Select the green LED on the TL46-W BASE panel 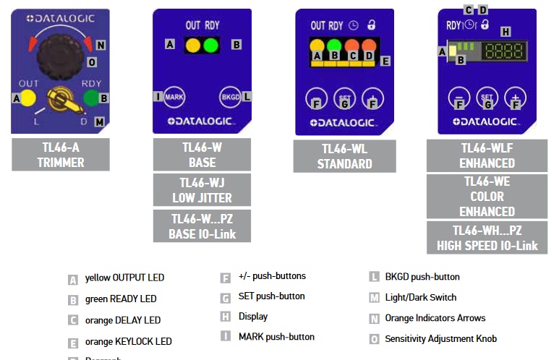pos(210,45)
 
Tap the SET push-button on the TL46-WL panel pos(344,98)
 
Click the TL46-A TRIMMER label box pos(61,154)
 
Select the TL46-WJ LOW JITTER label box pos(202,190)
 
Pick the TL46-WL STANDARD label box pos(344,156)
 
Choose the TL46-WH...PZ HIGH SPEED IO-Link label pos(487,238)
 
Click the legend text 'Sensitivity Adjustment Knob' pos(440,338)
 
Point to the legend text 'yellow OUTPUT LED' pos(124,278)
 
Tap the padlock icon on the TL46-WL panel pos(372,25)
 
